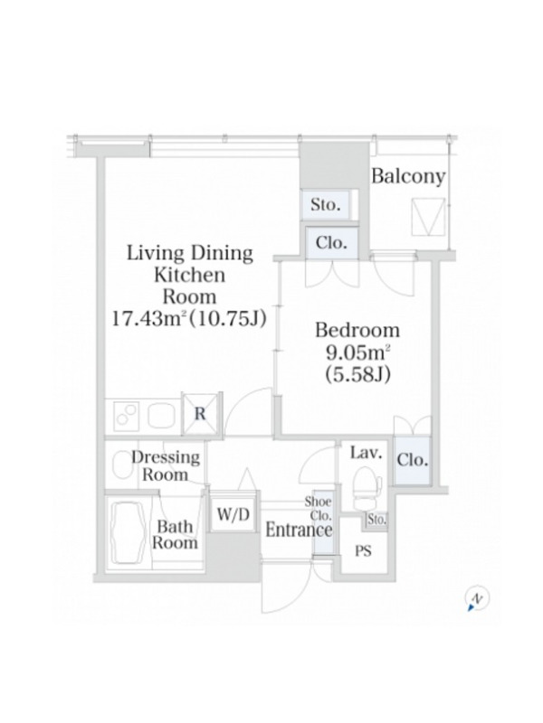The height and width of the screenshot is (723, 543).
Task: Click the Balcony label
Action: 408,176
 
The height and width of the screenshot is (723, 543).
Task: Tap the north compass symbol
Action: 477,599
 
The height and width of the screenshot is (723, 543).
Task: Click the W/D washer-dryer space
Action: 233,513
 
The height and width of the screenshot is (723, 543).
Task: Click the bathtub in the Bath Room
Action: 129,531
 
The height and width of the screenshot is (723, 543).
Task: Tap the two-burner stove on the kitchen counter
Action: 127,414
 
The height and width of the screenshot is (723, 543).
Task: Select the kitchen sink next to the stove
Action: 162,415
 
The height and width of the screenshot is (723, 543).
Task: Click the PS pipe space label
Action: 363,550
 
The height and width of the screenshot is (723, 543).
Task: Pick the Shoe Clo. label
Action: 318,508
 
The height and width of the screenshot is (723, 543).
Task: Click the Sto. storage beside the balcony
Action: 326,204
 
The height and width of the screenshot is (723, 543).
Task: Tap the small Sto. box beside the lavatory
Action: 376,520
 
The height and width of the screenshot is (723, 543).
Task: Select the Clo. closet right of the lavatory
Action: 413,460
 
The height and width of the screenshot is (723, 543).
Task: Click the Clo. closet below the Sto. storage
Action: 331,242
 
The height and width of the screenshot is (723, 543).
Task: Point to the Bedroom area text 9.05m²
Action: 357,352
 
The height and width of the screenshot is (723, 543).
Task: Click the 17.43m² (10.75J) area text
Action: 189,318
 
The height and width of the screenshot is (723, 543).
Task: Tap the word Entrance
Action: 299,531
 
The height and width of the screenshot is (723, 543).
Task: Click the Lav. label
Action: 367,453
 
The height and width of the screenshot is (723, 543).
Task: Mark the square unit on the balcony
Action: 428,217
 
